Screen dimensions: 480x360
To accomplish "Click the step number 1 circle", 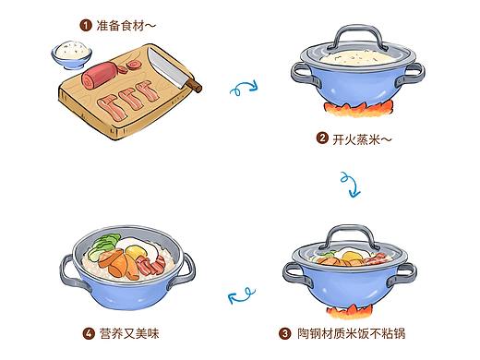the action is (x=86, y=25).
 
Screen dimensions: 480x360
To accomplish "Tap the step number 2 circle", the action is (x=322, y=138).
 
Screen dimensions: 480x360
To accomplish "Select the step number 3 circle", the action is (x=285, y=333).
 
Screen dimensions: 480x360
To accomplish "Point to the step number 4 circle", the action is (x=89, y=334).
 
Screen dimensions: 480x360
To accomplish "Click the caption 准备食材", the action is (x=120, y=25).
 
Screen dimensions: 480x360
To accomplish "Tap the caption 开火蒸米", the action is (x=356, y=139).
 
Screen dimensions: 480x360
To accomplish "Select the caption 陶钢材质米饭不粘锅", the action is (x=351, y=333).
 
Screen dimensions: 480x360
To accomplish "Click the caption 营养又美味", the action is (x=129, y=333).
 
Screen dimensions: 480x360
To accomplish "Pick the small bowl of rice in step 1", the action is (x=71, y=54).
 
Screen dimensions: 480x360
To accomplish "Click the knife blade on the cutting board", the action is (x=167, y=67).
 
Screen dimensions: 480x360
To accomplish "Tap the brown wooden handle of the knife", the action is (x=195, y=85).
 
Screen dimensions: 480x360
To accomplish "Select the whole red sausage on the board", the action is (x=100, y=76).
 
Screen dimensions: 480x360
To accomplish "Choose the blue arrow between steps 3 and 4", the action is (x=241, y=295).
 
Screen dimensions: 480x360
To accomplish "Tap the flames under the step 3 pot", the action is (x=350, y=311).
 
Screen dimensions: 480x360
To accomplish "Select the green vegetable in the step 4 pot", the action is (x=103, y=246).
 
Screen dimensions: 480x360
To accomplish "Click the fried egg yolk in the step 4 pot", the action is (x=136, y=252).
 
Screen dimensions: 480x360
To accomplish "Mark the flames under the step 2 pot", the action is (x=358, y=109).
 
